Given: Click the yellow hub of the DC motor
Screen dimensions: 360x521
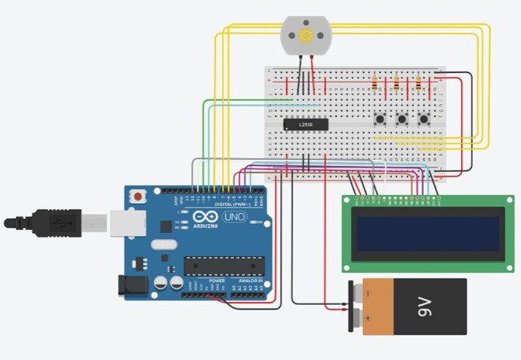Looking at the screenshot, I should tap(306, 35).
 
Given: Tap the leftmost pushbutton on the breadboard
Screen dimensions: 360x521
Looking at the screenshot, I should tap(380, 118).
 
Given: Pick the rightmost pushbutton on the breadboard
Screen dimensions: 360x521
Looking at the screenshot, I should tap(424, 118).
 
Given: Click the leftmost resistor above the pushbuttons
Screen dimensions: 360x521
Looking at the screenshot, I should tap(375, 82).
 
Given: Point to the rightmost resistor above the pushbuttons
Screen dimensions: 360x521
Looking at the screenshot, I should tap(419, 82).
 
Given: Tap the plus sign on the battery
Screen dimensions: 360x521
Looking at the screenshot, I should tap(368, 319).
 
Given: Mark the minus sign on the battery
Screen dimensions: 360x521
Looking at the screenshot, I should tap(368, 293).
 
